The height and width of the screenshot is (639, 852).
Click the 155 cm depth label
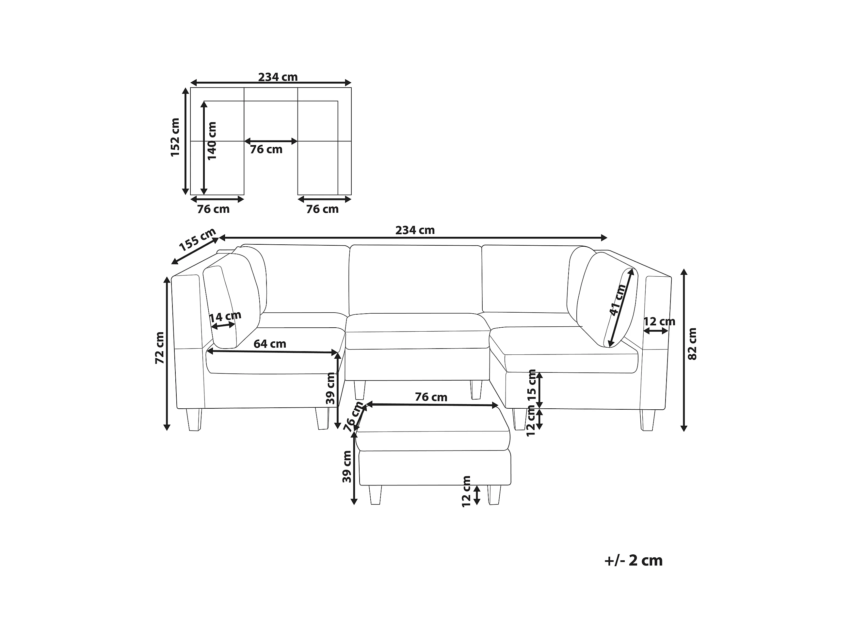(197, 240)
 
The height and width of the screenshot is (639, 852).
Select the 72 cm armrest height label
(159, 348)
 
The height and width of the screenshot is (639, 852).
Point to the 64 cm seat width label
(270, 344)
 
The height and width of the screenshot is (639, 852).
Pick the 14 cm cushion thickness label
(225, 317)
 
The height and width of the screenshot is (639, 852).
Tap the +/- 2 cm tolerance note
(634, 560)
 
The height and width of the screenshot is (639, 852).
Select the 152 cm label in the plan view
(175, 137)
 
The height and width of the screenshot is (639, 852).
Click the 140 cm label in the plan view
(212, 141)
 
